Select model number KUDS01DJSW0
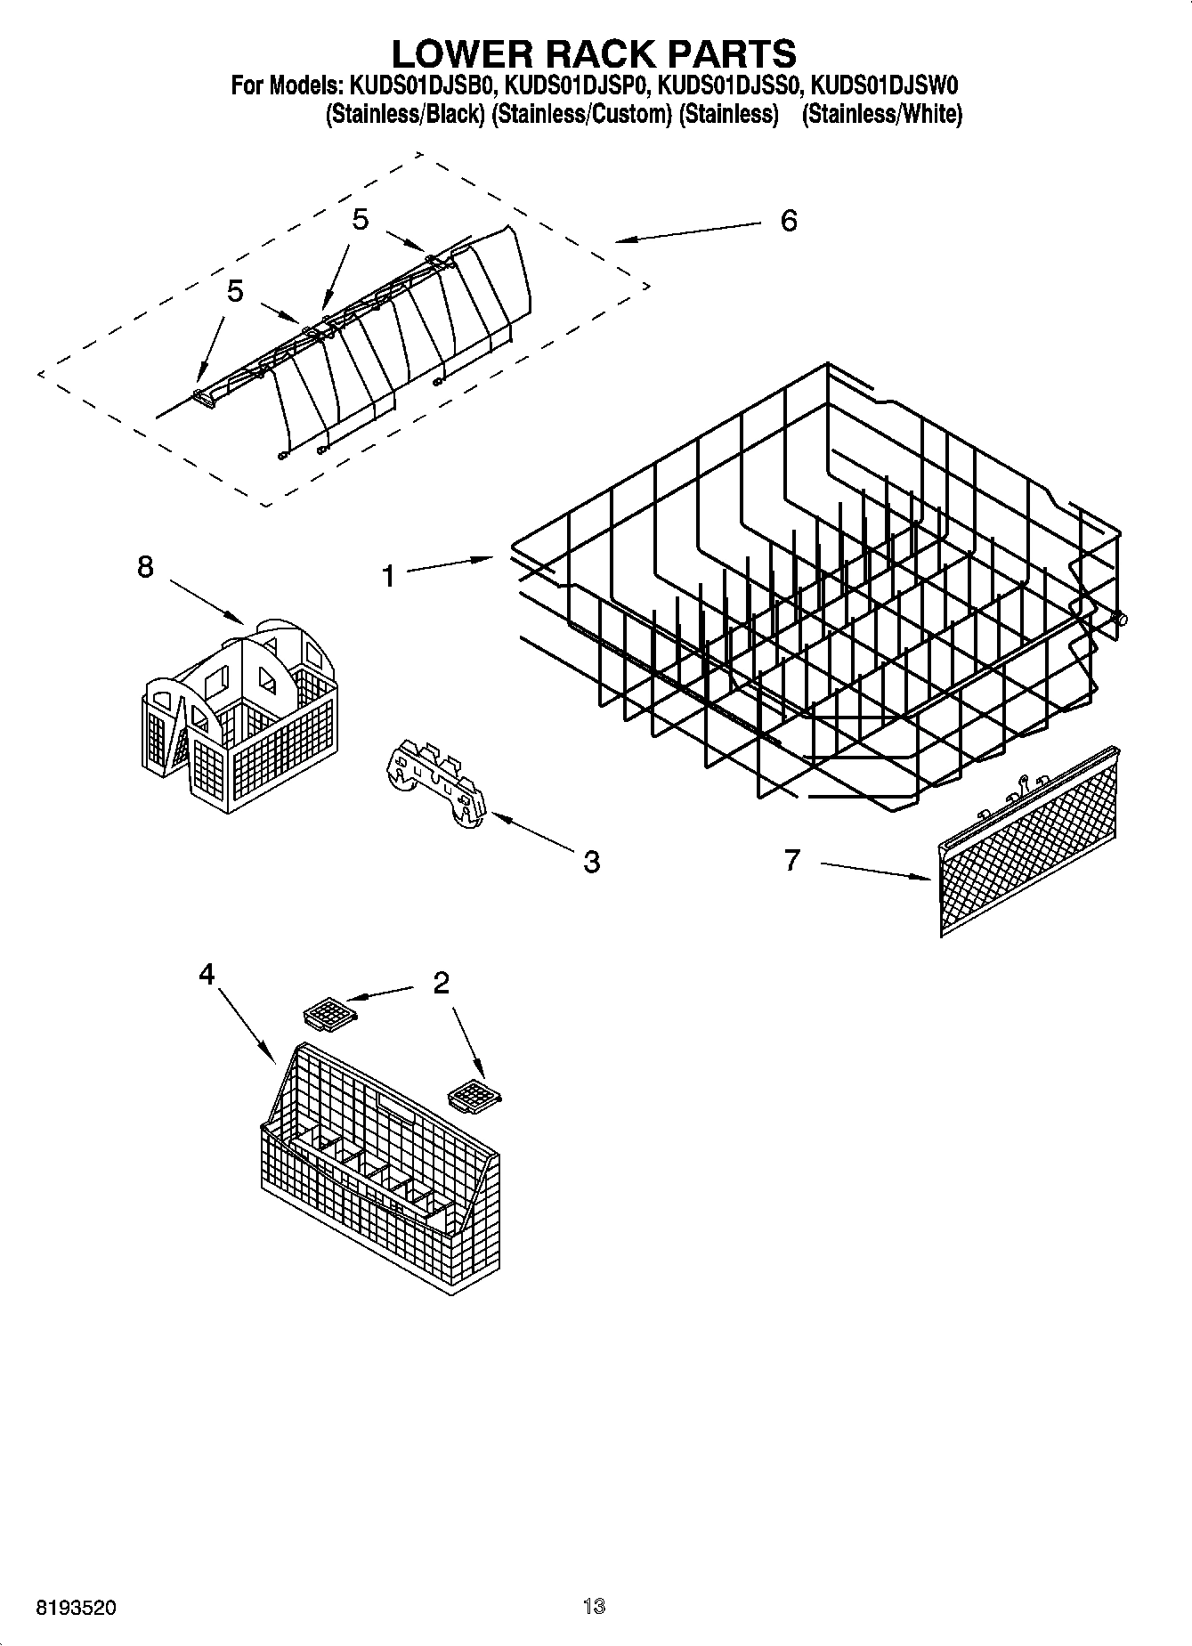885,87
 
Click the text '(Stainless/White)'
881,114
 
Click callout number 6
789,221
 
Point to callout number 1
388,577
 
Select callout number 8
145,567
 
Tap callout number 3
591,861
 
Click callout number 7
792,860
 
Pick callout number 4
207,975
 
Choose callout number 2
441,983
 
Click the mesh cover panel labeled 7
1029,841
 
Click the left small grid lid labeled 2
329,1013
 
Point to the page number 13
594,1607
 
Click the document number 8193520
75,1609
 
